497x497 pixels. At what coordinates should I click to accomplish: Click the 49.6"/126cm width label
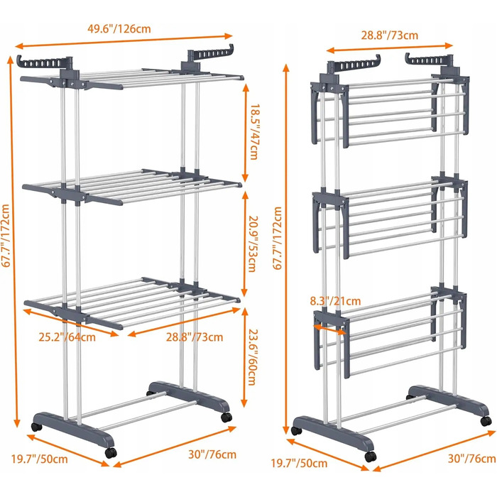[119, 29]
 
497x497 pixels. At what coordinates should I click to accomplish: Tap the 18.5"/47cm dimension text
[254, 132]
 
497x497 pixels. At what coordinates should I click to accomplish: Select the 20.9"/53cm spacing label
[253, 244]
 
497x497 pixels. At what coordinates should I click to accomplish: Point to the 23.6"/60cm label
[252, 357]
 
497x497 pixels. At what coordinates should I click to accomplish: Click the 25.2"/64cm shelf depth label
[67, 337]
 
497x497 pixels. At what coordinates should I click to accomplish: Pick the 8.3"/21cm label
[335, 301]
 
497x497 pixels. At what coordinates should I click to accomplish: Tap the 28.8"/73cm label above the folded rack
[390, 35]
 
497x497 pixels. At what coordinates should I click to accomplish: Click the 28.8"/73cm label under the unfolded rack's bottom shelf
[195, 337]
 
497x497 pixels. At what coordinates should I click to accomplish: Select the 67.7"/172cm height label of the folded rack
[278, 238]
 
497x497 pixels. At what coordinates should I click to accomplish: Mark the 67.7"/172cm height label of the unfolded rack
[6, 236]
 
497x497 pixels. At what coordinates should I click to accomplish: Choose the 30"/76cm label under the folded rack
[471, 459]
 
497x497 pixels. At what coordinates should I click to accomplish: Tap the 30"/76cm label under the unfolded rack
[212, 454]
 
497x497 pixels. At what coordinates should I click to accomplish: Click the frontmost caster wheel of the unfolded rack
[111, 453]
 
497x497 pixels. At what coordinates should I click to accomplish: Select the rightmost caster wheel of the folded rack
[486, 421]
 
